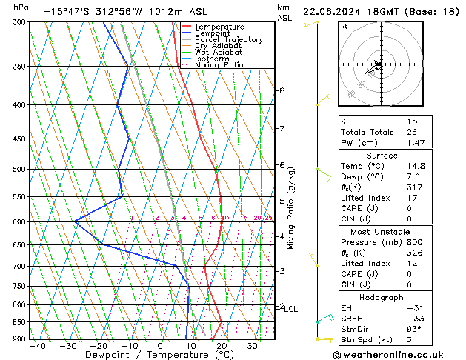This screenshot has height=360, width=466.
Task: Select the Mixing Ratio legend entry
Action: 219,65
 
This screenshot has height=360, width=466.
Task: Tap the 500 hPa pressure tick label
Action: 19,170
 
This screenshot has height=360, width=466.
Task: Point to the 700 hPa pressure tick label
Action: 19,267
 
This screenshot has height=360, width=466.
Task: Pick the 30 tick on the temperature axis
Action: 253,345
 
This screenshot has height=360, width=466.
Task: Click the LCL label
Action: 290,309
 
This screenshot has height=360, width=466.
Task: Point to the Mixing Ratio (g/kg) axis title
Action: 291,207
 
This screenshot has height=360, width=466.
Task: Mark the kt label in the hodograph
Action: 344,27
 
